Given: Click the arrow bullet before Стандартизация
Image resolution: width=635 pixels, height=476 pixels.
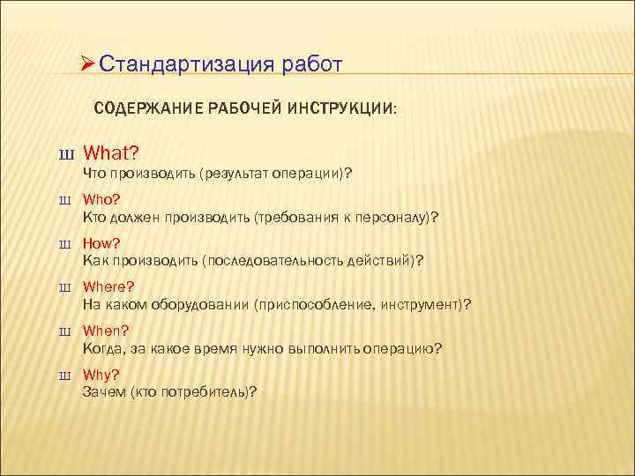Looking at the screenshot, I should [87, 64].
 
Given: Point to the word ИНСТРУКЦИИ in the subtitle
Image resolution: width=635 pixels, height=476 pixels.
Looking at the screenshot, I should [349, 108].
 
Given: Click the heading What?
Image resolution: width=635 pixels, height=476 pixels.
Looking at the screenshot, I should [111, 153].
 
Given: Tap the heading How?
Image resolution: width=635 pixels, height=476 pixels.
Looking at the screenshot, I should [101, 244].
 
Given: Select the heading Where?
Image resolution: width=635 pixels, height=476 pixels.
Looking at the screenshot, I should [108, 287].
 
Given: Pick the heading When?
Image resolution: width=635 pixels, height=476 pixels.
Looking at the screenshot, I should [106, 331].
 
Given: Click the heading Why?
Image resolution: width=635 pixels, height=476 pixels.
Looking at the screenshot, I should [101, 374].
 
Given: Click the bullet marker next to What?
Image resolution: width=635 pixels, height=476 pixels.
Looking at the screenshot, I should [65, 155].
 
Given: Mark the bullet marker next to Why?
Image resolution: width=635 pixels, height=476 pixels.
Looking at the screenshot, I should [65, 375].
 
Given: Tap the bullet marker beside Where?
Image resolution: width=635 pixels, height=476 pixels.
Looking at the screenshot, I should [65, 288].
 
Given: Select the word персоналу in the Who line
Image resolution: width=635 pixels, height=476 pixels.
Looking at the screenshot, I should [394, 217].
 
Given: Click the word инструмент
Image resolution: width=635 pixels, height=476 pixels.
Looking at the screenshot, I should [425, 304].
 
